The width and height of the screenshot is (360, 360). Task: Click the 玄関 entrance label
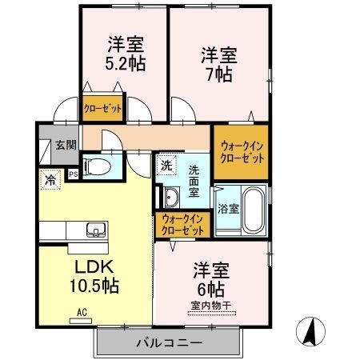pyautogui.click(x=66, y=145)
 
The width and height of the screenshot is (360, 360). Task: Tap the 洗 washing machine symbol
pyautogui.click(x=166, y=166)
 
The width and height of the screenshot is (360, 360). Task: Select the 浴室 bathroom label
pyautogui.click(x=228, y=210)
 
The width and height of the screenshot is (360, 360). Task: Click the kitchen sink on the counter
pyautogui.click(x=94, y=230)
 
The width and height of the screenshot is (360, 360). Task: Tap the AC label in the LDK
pyautogui.click(x=81, y=312)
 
